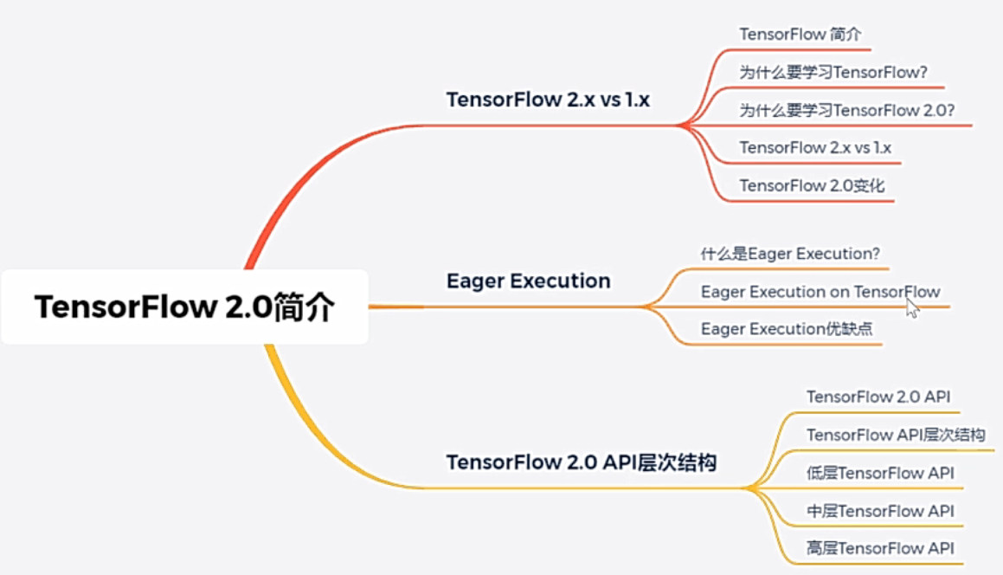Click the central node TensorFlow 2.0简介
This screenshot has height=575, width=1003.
click(x=184, y=307)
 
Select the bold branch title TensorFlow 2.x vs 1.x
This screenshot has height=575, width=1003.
click(x=548, y=100)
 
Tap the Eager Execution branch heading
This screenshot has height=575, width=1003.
click(x=528, y=281)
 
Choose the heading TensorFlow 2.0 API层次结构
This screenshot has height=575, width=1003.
click(x=581, y=462)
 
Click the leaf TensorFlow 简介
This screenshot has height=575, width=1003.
click(x=800, y=34)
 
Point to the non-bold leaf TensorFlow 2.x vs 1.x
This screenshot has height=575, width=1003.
click(x=815, y=148)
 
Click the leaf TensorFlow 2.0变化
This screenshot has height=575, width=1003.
click(x=812, y=186)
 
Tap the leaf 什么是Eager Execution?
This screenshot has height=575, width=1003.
click(x=790, y=254)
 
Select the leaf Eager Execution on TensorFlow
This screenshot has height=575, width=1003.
click(x=820, y=292)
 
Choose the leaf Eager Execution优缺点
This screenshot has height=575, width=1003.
click(x=787, y=330)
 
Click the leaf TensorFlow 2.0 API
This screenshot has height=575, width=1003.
click(x=878, y=397)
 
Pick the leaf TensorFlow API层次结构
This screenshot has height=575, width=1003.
click(x=896, y=436)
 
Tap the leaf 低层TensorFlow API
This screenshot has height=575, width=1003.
click(x=880, y=474)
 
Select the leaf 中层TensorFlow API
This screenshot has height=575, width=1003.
click(x=880, y=512)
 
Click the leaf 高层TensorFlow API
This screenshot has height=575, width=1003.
click(x=880, y=549)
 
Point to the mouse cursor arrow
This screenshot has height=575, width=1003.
click(x=911, y=308)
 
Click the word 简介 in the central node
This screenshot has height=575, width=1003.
click(x=302, y=308)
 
